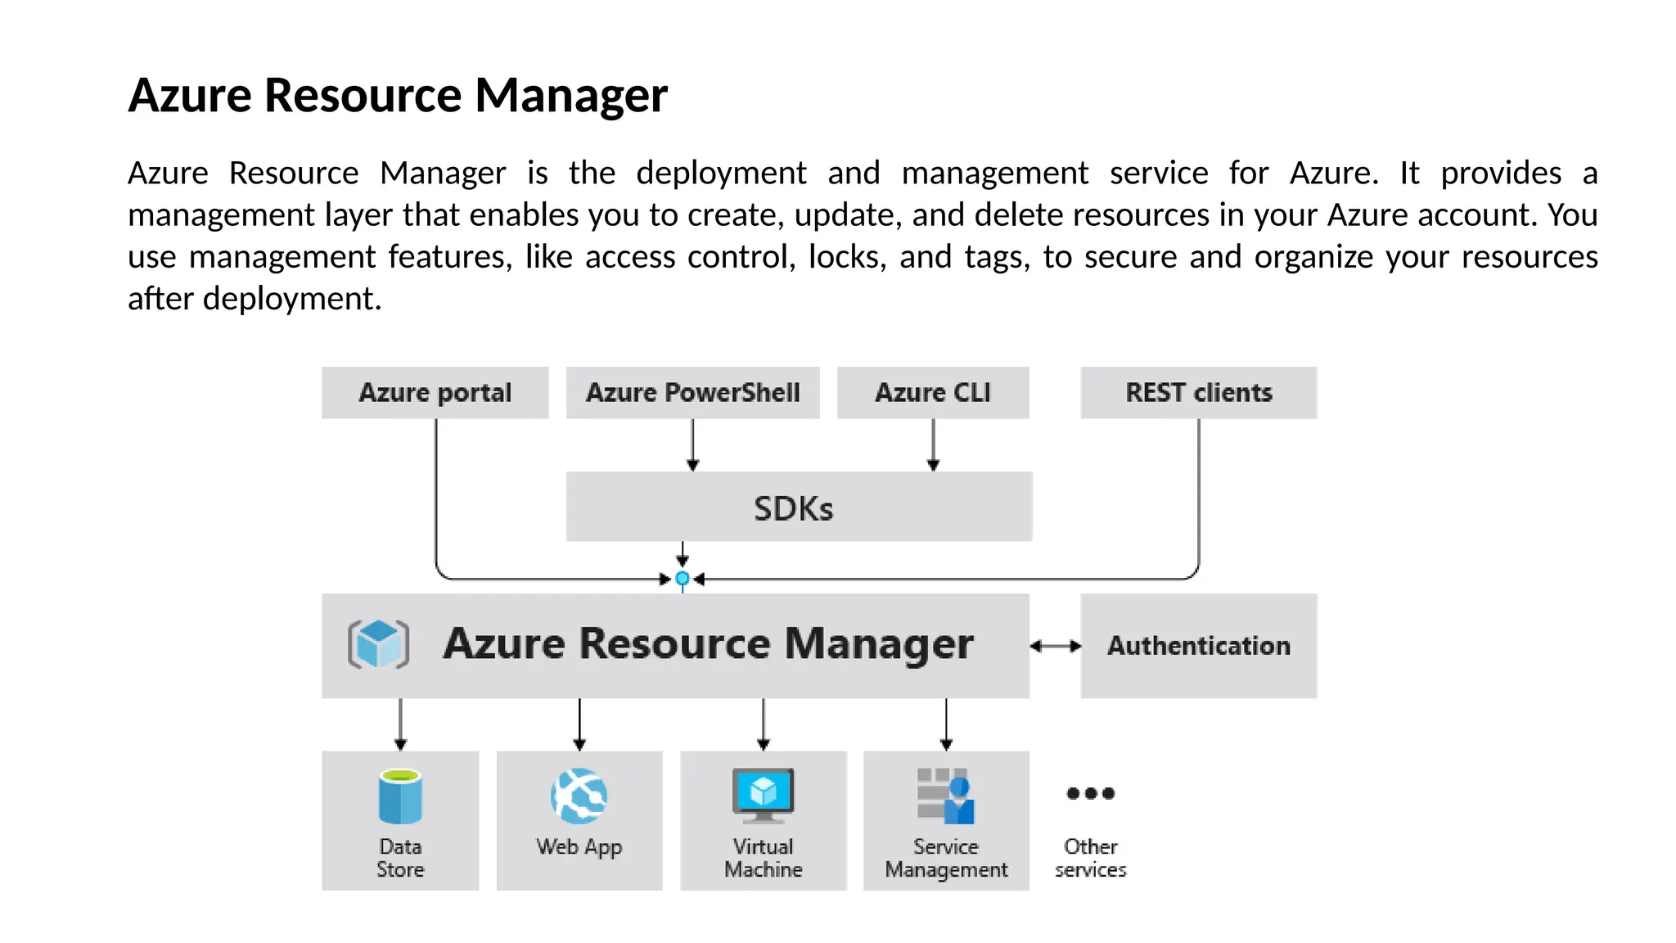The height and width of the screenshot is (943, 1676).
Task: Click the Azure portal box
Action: [435, 393]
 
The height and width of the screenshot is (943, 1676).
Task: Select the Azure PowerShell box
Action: [692, 393]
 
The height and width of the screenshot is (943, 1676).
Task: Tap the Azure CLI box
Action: [932, 393]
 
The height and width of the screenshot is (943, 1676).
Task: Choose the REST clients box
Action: [1198, 393]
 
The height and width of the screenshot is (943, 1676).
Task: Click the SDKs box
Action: [798, 507]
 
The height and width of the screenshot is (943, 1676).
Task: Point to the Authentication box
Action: [1198, 646]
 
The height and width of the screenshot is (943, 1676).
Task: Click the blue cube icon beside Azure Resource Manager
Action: [378, 644]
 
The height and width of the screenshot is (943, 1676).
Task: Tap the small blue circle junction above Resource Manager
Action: [683, 579]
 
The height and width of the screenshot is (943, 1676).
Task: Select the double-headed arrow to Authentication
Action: [1055, 646]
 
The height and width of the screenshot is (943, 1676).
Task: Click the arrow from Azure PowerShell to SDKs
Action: [692, 445]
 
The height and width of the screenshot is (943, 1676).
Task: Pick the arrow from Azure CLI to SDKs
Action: [933, 445]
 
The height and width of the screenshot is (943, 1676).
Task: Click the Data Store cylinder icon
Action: [400, 796]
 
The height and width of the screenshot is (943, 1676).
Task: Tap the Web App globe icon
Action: [579, 796]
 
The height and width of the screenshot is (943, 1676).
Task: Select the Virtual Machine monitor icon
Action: [763, 794]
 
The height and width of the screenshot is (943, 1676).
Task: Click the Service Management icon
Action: [946, 796]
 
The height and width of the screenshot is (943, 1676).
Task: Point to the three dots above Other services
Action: [1090, 793]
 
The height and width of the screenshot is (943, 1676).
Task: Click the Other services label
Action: [1090, 858]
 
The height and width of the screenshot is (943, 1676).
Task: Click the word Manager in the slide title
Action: [570, 96]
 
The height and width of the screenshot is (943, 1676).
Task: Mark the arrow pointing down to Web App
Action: [579, 724]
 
